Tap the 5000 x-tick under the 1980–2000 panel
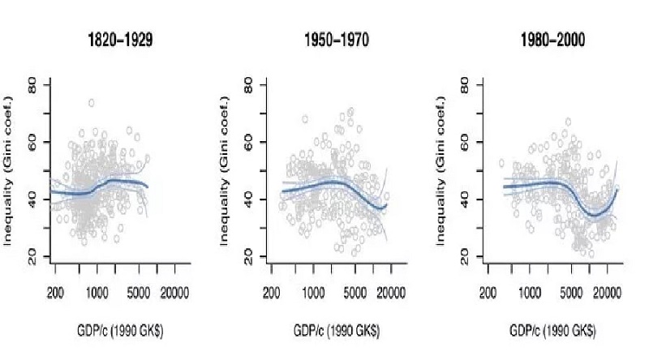[573, 291]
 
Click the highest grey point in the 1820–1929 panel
[92, 103]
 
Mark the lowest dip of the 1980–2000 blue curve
[595, 215]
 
